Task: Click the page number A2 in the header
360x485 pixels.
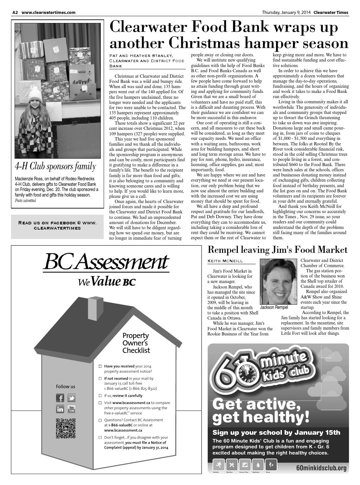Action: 15,13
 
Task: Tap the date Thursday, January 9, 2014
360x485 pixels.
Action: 286,13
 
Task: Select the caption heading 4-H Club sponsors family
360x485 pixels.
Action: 55,166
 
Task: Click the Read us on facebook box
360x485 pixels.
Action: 57,225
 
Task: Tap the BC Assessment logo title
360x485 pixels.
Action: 106,263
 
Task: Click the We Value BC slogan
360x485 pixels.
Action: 106,282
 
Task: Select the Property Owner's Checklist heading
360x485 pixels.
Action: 136,343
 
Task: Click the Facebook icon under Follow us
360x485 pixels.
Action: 60,398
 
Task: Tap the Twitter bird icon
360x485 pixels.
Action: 71,398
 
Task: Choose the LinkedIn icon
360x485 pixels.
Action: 60,409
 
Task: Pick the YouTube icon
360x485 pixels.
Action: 71,409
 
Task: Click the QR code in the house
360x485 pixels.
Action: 66,428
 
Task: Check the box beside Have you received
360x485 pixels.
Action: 100,366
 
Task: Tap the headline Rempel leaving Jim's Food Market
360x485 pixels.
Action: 277,250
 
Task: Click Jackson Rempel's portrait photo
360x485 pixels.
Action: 278,281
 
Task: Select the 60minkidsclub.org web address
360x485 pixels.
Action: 321,468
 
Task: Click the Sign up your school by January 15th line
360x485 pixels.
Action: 276,433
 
